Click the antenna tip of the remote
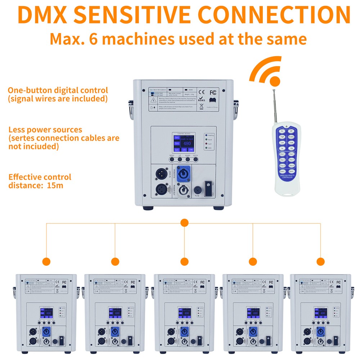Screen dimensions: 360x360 (x=274, y=88)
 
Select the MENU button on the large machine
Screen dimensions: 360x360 (x=171, y=159)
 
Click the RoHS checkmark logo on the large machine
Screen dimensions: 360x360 (x=202, y=98)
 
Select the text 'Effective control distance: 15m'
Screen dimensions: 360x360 (x=40, y=181)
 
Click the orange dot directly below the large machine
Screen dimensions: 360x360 (x=184, y=223)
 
